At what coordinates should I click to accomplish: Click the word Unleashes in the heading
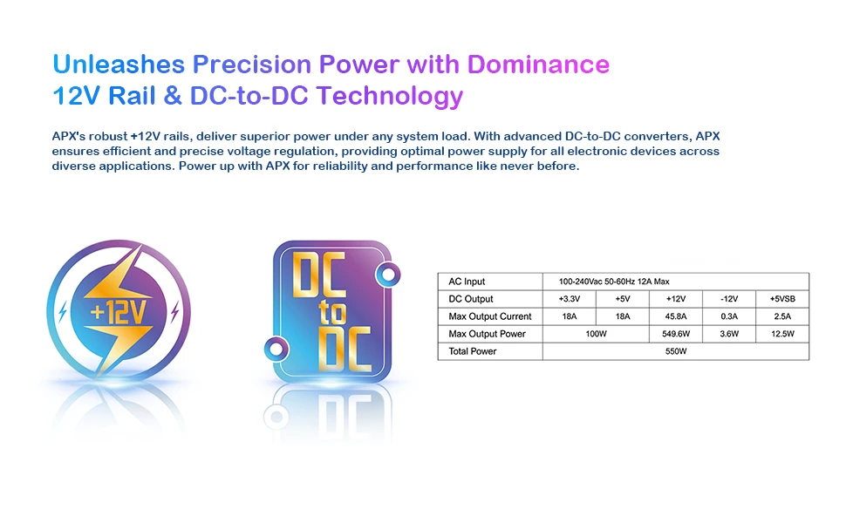(x=119, y=65)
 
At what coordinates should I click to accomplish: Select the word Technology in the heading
(x=390, y=97)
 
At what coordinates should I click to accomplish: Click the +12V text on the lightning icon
(x=118, y=311)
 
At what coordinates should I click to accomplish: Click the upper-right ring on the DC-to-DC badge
(x=388, y=275)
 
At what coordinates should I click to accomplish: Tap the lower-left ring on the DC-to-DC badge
(x=276, y=349)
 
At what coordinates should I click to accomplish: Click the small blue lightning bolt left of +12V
(x=63, y=312)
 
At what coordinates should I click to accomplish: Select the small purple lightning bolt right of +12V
(x=174, y=312)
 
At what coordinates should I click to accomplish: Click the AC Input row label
(x=467, y=282)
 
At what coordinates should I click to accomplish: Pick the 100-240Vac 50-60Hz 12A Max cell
(x=614, y=282)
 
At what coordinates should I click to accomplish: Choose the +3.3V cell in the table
(x=570, y=299)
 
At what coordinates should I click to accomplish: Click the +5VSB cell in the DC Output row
(x=782, y=299)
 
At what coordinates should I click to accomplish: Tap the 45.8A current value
(x=676, y=316)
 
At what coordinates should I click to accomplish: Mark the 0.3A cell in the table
(x=729, y=316)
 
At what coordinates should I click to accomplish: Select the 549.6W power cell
(x=676, y=334)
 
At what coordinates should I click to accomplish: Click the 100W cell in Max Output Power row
(x=597, y=334)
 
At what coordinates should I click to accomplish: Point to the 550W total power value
(x=676, y=351)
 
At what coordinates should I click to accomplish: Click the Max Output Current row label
(x=490, y=316)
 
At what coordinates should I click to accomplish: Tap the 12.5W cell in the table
(x=782, y=334)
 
